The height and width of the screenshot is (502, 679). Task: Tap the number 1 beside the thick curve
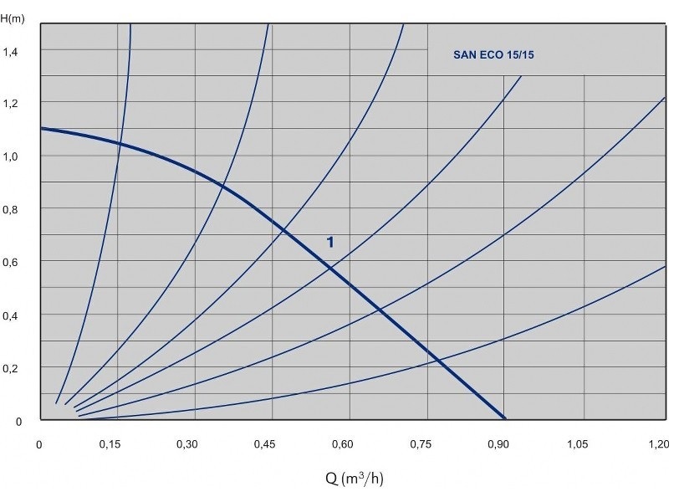pyautogui.click(x=330, y=242)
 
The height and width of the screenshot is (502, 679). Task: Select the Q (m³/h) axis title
pyautogui.click(x=355, y=479)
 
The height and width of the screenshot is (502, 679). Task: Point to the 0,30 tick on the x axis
pyautogui.click(x=193, y=444)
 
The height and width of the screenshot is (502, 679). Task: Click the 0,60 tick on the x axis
pyautogui.click(x=345, y=444)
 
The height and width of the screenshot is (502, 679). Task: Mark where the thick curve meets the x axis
pyautogui.click(x=505, y=417)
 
